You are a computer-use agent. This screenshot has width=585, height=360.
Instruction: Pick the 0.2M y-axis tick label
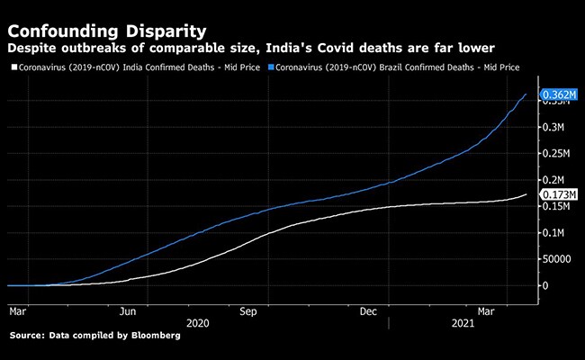click(x=551, y=180)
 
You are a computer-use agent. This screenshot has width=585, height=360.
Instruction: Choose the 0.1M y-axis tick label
click(x=551, y=232)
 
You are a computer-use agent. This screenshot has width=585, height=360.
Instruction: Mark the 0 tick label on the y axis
click(x=544, y=284)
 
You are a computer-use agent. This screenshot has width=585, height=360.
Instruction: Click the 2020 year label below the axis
click(x=197, y=321)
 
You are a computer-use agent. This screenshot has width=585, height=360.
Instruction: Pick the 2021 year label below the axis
click(x=463, y=321)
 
